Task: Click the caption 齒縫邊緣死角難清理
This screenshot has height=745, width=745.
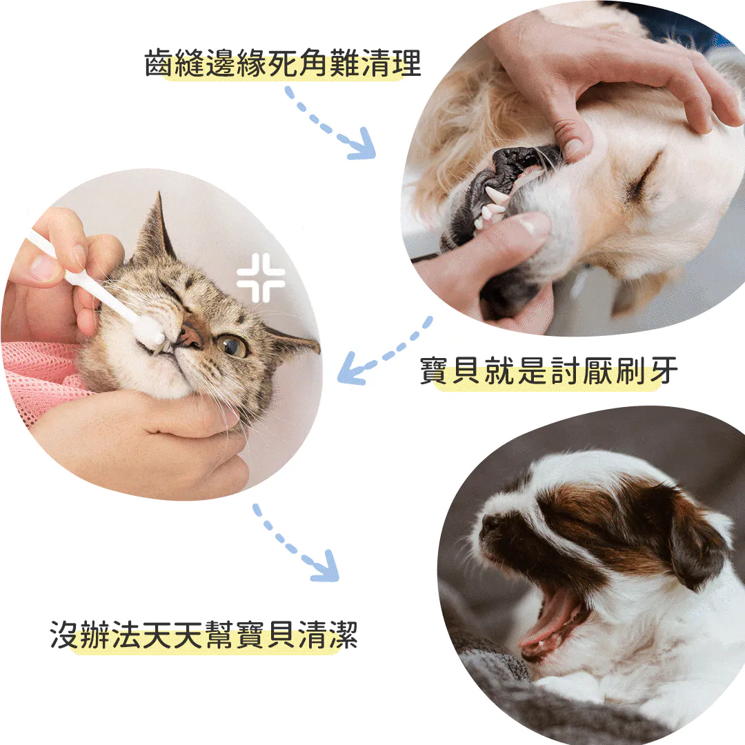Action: coord(283,63)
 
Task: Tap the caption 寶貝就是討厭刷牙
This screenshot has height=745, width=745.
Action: coord(548,370)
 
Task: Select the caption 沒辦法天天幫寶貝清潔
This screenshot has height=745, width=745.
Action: coord(203,635)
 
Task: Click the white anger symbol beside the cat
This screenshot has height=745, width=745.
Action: coord(260,278)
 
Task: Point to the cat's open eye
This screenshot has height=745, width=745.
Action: coord(231,346)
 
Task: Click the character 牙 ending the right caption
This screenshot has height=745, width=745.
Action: coord(664,370)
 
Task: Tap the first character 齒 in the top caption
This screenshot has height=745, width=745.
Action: coord(159,63)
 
